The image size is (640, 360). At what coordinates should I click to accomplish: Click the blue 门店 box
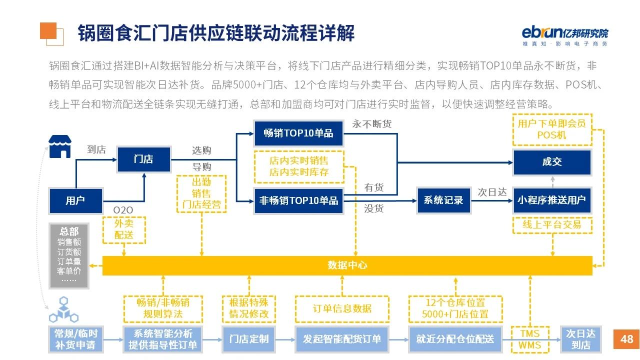(143, 159)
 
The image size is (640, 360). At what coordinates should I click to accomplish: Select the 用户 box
(75, 200)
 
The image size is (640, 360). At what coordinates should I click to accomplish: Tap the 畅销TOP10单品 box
(298, 133)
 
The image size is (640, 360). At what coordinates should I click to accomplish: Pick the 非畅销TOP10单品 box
(298, 200)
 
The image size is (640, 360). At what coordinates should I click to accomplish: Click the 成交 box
(552, 161)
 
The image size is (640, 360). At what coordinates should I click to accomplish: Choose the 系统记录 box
(443, 200)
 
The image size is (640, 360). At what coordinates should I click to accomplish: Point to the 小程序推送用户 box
(552, 200)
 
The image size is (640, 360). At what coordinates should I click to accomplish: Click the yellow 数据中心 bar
(347, 265)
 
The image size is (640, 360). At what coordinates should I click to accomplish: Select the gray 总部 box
(69, 255)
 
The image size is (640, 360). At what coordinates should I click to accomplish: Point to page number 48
(626, 339)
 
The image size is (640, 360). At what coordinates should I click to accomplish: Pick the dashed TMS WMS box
(530, 339)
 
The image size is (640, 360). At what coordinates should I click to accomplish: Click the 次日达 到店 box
(580, 339)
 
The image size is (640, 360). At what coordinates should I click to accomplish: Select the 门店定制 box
(249, 339)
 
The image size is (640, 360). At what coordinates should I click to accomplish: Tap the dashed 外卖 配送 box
(124, 230)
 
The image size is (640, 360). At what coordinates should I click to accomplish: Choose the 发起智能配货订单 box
(342, 339)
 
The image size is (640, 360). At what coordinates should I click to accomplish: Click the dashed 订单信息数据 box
(342, 308)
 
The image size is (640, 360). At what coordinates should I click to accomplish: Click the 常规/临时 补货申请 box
(76, 339)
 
